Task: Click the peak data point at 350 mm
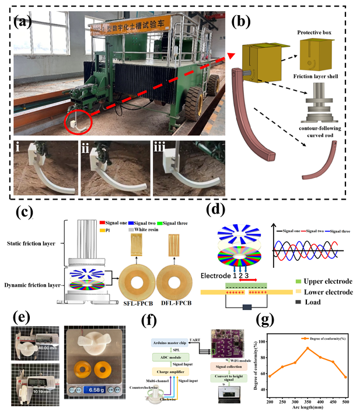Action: (x=307, y=348)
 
